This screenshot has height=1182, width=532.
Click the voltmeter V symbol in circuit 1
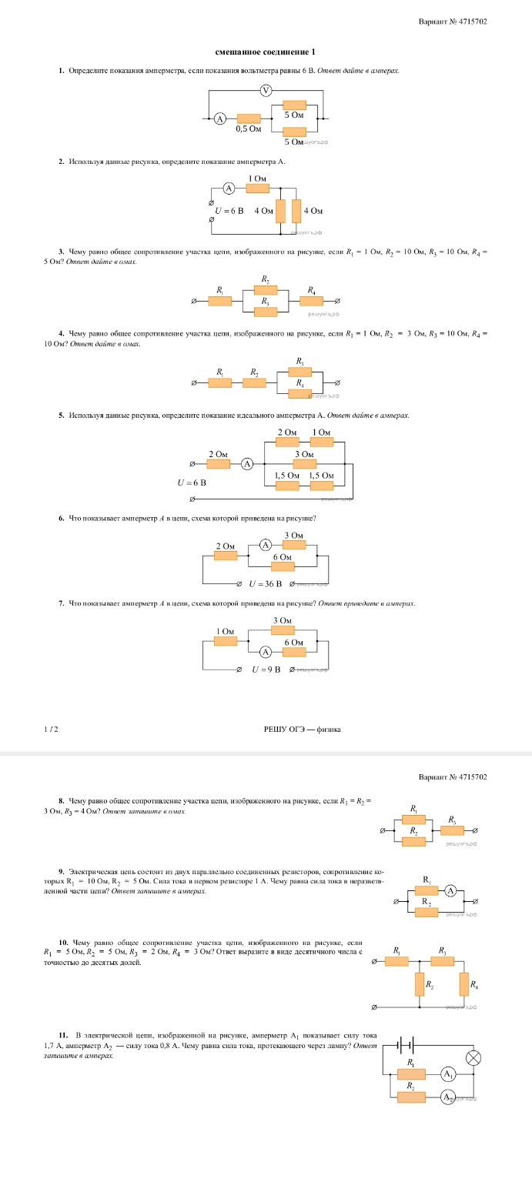pos(266,91)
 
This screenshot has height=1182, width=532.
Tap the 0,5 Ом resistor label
pos(249,129)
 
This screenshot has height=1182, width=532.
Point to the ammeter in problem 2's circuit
pos(229,188)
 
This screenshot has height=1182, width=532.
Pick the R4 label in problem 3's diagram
pos(311,291)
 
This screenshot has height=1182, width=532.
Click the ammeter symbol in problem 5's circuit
pos(247,463)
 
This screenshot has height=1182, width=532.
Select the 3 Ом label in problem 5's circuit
pos(305,455)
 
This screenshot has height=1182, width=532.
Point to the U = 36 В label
pos(266,584)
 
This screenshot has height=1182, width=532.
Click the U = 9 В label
pos(266,669)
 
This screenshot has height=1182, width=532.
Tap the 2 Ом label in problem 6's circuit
pos(226,546)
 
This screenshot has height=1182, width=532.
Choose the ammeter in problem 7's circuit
pos(266,652)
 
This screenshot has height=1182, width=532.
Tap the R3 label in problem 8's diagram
pos(452,820)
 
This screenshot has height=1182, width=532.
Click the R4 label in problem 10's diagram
pos(473,986)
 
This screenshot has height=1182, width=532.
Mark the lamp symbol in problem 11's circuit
pos(473,1058)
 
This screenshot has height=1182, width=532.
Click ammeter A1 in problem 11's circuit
pos(448,1073)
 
